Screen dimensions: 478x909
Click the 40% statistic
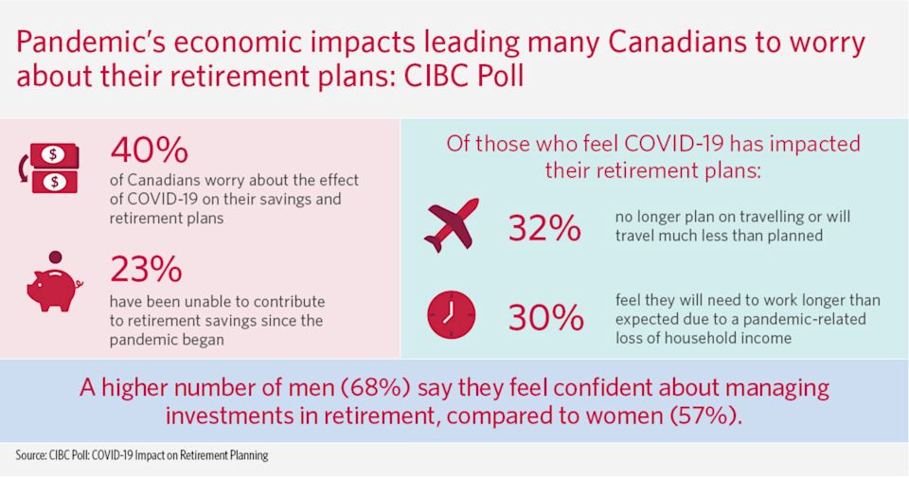[x=150, y=150]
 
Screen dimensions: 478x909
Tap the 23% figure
[x=146, y=270]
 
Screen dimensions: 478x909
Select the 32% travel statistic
[x=544, y=228]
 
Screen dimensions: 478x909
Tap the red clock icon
[x=452, y=314]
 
